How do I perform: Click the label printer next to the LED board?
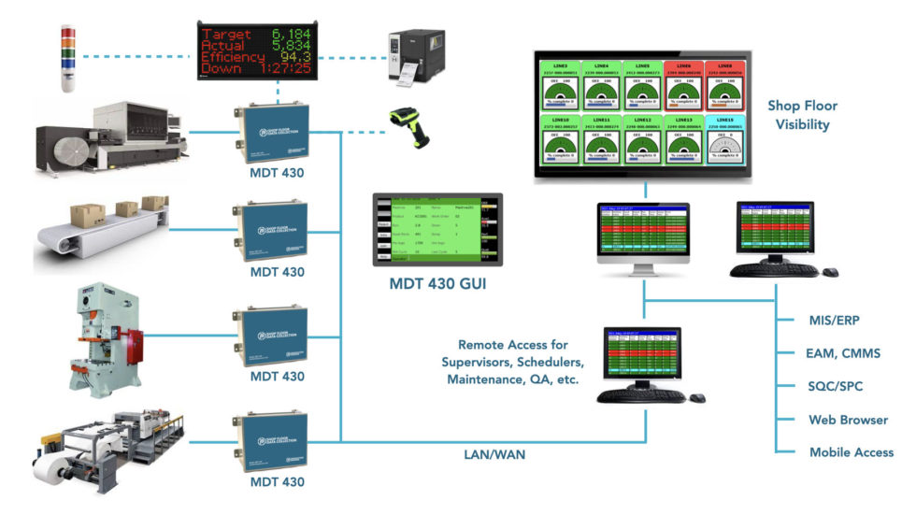416,57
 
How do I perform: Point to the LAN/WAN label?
494,454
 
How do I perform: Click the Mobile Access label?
852,452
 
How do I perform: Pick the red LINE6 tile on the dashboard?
684,87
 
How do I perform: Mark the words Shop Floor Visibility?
802,115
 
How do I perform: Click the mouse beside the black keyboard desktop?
831,272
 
